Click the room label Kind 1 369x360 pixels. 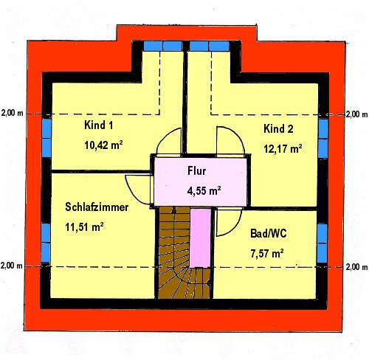pos(99,125)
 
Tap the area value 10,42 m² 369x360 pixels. pos(103,145)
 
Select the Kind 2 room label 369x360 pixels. pos(278,129)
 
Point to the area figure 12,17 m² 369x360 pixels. pos(283,149)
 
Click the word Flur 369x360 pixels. pos(196,171)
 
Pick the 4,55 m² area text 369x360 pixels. pos(204,190)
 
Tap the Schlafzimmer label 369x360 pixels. pos(97,207)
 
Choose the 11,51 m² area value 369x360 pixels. pos(84,226)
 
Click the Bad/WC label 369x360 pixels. pos(269,233)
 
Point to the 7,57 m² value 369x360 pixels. pos(267,253)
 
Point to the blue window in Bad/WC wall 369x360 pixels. pos(322,243)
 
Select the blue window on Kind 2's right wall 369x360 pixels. pos(323,139)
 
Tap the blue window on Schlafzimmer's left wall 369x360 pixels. pos(46,243)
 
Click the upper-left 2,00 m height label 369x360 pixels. pos(13,113)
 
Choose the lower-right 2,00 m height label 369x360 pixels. pos(356,267)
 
